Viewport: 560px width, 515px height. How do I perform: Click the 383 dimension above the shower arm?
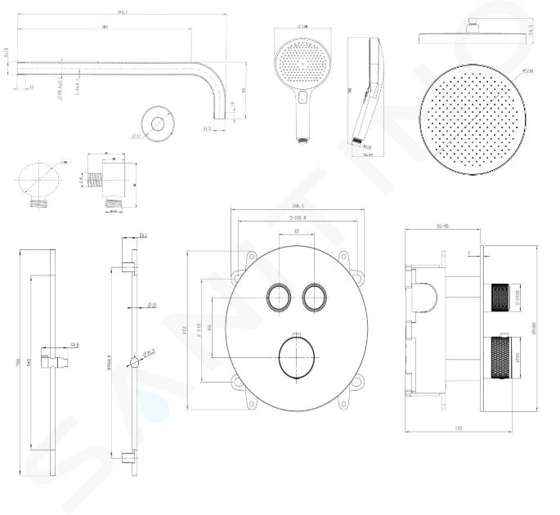click(x=105, y=28)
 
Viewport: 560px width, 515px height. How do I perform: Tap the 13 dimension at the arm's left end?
click(x=30, y=87)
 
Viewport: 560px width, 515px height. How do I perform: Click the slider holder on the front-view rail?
click(x=55, y=359)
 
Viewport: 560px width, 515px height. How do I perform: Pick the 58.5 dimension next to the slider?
click(x=74, y=346)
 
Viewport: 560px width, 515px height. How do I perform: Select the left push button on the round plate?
click(x=276, y=297)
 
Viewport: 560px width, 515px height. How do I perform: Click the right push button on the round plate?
click(x=313, y=297)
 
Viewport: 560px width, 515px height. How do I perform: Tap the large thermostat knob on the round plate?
click(x=295, y=356)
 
